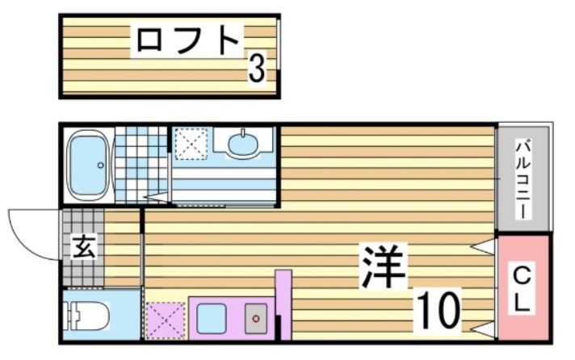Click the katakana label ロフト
(188, 40)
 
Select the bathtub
(87, 165)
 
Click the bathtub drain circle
(100, 165)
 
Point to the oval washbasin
(244, 145)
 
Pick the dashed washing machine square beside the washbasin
(191, 146)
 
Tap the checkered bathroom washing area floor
(141, 162)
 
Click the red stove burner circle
(256, 319)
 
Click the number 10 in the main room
(439, 308)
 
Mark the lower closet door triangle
(485, 329)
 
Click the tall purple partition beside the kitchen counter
(283, 299)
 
